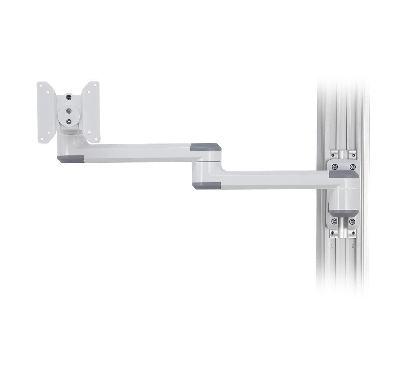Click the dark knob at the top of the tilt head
pyautogui.click(x=69, y=95)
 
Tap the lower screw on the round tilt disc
pyautogui.click(x=69, y=121)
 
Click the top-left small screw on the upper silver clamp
pyautogui.click(x=332, y=153)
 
